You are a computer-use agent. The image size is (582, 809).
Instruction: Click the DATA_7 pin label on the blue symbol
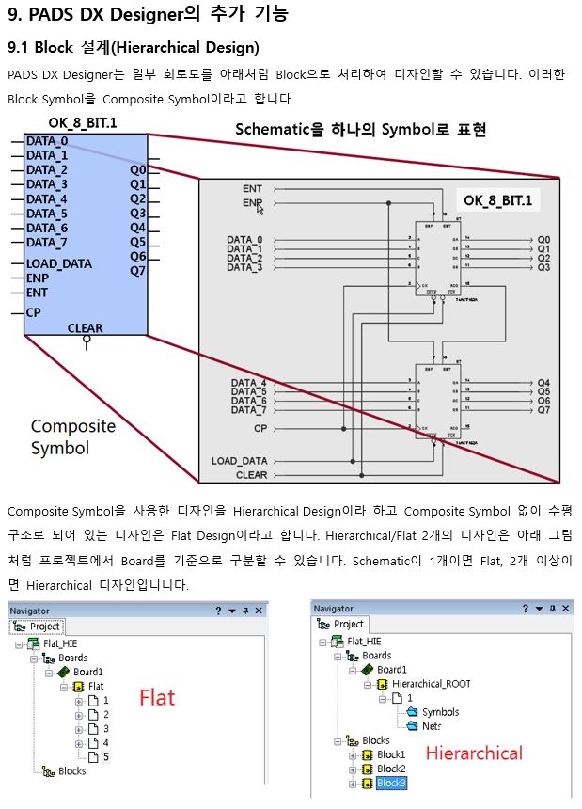tap(46, 243)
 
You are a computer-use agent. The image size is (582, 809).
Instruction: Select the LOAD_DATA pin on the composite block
tap(58, 264)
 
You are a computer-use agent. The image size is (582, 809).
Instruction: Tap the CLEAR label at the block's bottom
tap(85, 328)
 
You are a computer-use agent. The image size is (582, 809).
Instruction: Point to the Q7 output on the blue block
tap(138, 271)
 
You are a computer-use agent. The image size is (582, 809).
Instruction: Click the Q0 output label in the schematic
tap(543, 240)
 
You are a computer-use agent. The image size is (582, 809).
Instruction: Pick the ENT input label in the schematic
tap(252, 189)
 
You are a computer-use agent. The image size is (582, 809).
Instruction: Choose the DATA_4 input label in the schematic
tap(248, 384)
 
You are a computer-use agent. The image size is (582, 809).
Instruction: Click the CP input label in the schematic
tap(260, 428)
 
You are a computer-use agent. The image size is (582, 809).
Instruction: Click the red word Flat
tap(157, 697)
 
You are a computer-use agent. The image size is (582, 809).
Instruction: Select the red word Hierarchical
tap(474, 753)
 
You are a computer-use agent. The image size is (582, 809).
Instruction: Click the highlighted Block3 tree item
tap(391, 783)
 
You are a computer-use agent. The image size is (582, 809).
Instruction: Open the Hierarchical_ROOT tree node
tap(431, 684)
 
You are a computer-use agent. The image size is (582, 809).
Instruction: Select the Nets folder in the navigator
tap(432, 726)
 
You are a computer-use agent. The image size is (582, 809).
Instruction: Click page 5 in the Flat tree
tap(105, 755)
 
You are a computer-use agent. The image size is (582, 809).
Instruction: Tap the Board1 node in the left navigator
tap(88, 672)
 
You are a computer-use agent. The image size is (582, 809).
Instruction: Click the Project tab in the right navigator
tap(348, 624)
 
